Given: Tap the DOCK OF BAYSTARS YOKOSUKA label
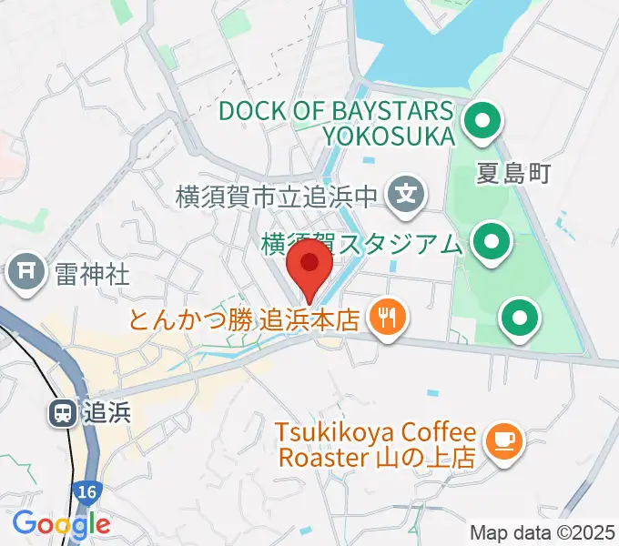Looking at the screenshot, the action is coord(336,124).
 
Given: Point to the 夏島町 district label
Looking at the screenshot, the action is coord(513,174).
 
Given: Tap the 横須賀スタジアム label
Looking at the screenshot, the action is coord(360,244).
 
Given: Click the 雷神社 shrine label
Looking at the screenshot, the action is coord(92,272).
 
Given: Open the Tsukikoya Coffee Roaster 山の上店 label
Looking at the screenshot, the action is coord(377,444).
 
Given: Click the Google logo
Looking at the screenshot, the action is coord(61,523).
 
